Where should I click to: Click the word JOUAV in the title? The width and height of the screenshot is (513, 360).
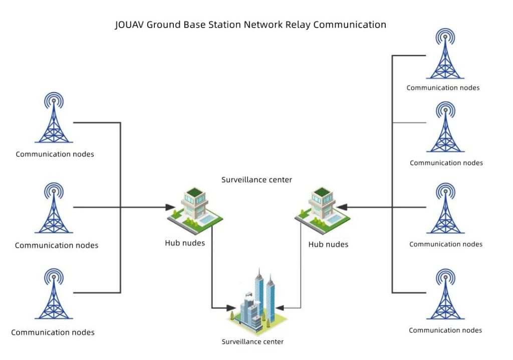129,25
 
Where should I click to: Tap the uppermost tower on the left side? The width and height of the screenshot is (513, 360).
54,118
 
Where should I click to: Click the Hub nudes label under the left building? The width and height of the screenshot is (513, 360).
185,243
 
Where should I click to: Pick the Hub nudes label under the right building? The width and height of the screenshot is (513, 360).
328,244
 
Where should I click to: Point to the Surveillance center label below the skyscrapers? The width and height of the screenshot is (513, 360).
252,342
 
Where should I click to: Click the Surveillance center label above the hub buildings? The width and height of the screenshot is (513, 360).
256,179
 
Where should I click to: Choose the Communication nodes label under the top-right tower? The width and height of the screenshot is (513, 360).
443,88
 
